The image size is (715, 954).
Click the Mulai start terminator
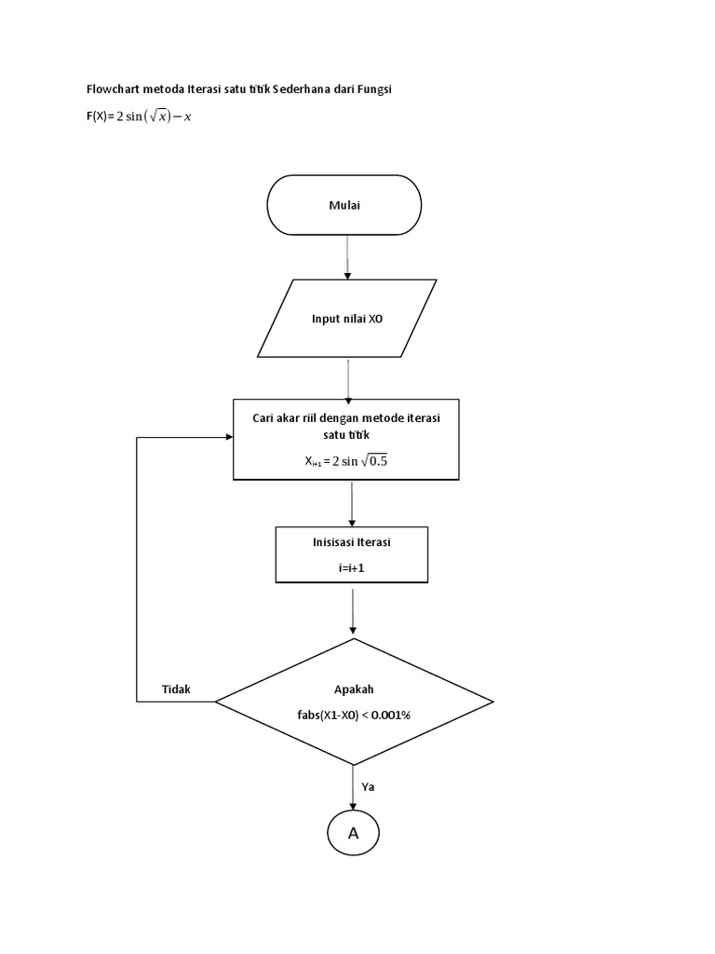(344, 205)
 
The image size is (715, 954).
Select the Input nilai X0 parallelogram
(347, 318)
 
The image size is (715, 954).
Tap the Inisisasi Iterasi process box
(352, 554)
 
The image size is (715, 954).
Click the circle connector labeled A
(353, 833)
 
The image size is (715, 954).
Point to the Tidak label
(176, 689)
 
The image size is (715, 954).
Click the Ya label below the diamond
(369, 786)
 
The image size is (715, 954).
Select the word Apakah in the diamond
(354, 689)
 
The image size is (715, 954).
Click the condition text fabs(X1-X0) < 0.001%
(354, 716)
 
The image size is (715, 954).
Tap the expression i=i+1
(353, 566)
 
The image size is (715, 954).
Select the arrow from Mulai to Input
(347, 256)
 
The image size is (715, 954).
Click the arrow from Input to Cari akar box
(347, 377)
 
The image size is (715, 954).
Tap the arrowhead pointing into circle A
(353, 802)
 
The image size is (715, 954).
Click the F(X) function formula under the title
(140, 116)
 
